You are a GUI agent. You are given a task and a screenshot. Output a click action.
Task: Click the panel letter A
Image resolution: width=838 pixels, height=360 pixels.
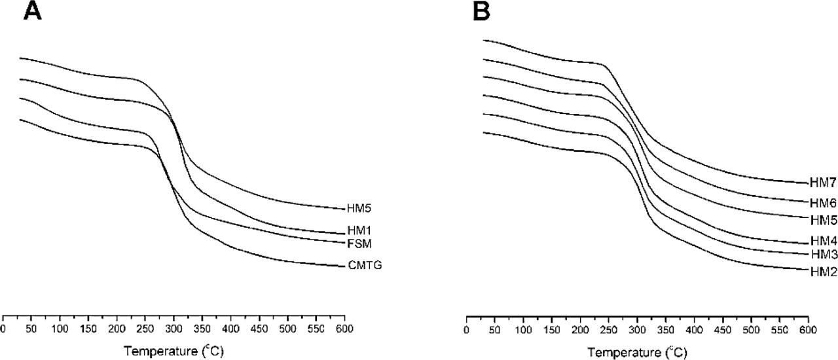32,11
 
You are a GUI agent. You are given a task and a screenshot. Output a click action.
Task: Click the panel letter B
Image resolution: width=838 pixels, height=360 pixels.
481,11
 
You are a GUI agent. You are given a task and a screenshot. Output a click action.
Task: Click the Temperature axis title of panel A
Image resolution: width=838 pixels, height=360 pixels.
173,351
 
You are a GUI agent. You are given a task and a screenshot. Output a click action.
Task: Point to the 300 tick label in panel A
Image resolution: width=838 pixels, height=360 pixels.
173,328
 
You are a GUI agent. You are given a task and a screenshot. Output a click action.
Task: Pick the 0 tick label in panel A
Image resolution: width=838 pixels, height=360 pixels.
4,328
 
